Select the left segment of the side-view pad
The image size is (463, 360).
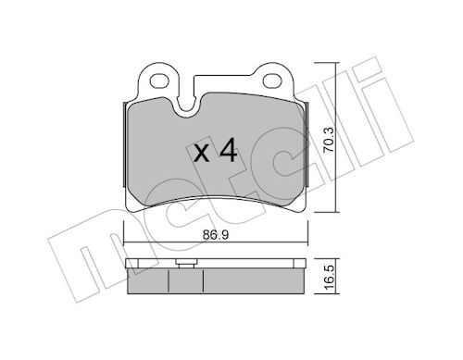[x=150, y=279]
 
